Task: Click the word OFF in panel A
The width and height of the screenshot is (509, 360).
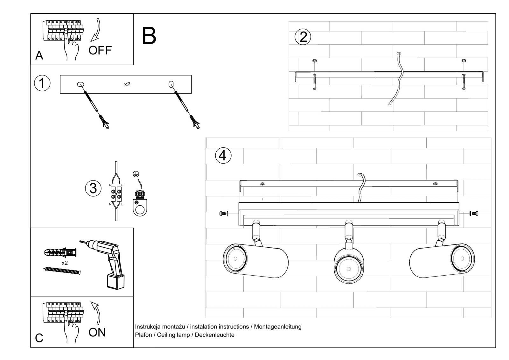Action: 100,50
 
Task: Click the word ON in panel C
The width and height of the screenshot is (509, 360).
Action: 97,332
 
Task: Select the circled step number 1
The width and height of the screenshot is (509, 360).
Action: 42,83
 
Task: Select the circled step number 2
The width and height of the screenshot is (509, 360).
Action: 303,37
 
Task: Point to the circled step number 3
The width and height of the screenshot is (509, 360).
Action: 93,188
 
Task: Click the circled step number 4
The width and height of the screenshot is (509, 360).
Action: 223,156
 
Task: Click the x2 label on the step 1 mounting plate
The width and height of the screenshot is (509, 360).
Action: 127,84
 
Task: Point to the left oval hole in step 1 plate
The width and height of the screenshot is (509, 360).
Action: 80,84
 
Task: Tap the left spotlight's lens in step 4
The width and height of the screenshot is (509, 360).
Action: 235,258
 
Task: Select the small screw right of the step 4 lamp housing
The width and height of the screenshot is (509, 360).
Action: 474,214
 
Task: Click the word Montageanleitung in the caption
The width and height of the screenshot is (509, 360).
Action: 277,327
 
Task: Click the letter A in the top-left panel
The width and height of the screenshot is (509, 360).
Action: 39,56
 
